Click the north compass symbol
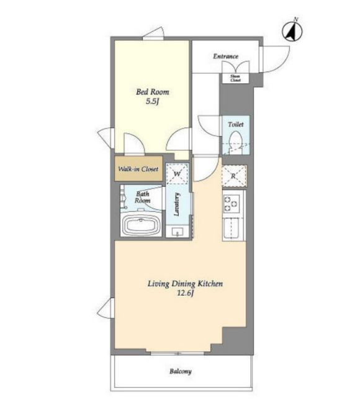point(292,31)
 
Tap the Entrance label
point(225,56)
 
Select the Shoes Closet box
point(235,78)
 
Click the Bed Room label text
point(152,92)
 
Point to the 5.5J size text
point(152,101)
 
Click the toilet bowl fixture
point(235,142)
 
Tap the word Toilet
point(235,124)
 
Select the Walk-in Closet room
point(138,168)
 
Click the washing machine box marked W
point(177,173)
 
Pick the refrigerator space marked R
point(234,176)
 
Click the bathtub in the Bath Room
point(141,225)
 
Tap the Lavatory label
point(177,204)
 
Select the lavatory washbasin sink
point(177,232)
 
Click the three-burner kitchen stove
point(232,204)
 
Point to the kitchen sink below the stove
point(231,228)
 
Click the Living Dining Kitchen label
point(185,284)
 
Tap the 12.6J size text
point(185,293)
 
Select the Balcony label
point(180,371)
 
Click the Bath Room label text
point(142,197)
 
